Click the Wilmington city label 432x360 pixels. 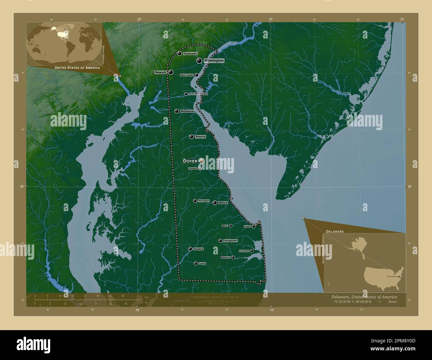point(214,61)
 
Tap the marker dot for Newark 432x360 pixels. point(170,72)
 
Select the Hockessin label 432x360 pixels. point(190,53)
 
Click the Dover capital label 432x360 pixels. point(190,161)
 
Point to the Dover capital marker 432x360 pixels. point(202,161)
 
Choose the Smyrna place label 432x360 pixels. point(200,137)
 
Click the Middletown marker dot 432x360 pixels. point(177,111)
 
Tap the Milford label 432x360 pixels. point(223,203)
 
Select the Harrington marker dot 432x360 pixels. point(195,201)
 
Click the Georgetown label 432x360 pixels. point(230,240)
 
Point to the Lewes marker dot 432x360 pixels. point(254,226)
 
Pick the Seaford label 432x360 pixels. point(198,249)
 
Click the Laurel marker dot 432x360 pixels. point(195,263)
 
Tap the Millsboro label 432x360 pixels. point(226,257)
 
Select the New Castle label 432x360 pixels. point(187,75)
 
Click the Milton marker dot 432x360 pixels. point(230,226)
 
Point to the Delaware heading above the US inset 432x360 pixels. point(335,231)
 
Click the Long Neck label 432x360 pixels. point(244,251)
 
